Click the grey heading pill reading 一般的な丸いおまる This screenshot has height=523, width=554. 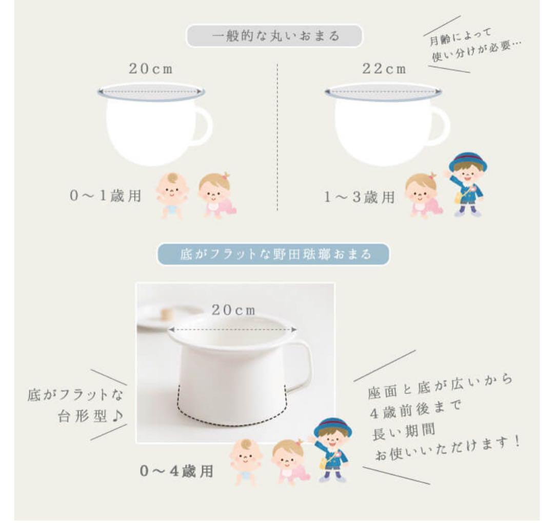(274, 36)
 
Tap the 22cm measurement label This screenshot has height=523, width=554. (384, 69)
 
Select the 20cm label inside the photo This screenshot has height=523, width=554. (233, 310)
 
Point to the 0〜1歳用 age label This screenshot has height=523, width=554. (106, 197)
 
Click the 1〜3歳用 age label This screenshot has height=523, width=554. (360, 197)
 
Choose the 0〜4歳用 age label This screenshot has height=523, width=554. (176, 471)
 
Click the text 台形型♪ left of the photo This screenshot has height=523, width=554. (88, 416)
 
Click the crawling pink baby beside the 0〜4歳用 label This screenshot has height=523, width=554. (290, 461)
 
